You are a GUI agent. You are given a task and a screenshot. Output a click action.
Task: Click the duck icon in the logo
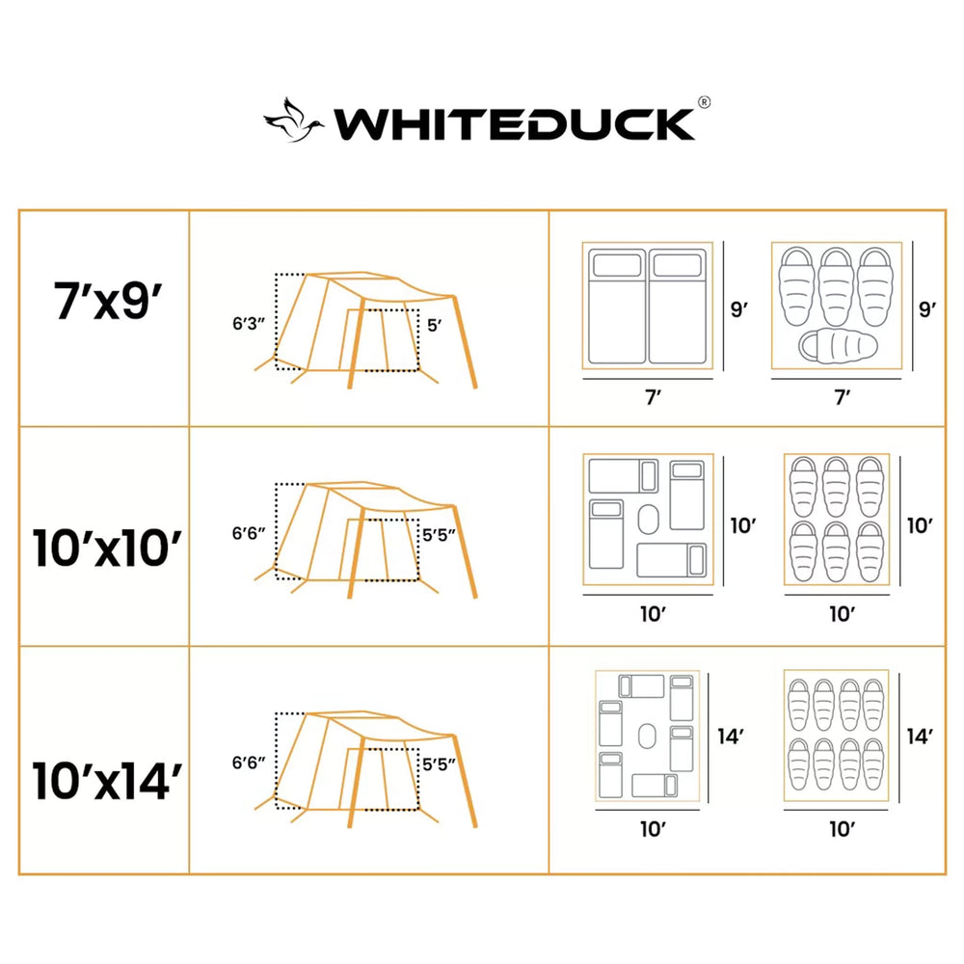coord(294,121)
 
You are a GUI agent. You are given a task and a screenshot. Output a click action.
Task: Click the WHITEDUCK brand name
coord(515,124)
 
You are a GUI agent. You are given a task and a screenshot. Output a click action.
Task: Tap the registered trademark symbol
coord(705,103)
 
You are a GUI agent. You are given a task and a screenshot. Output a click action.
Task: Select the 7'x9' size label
coord(108,300)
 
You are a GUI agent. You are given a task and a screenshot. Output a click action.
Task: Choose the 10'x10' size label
coord(107,548)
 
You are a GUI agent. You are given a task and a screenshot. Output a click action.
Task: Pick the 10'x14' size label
coord(107,781)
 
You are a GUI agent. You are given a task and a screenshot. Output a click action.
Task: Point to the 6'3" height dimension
coord(249,323)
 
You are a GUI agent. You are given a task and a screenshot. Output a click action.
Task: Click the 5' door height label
coord(434,325)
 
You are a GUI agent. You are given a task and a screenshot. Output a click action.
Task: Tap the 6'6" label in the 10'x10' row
coord(249,533)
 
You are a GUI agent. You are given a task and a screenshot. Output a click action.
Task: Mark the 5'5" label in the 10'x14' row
coord(439,764)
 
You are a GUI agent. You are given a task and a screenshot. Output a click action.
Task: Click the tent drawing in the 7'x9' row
coord(365,330)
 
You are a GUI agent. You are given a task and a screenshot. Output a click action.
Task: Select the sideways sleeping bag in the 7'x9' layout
coord(839,347)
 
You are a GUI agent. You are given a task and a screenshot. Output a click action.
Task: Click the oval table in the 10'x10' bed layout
coord(648,520)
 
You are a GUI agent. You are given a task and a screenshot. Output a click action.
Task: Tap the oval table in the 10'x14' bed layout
coord(647,736)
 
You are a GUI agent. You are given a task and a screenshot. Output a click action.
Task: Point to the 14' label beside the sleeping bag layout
coord(920,736)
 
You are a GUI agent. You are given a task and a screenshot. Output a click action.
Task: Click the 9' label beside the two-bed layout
coord(738,309)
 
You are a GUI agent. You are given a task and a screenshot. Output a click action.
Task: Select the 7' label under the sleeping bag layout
coord(843,397)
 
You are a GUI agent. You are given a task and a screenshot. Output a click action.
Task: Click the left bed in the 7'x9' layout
coord(617,307)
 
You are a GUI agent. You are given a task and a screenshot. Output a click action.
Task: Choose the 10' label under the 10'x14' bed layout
coord(653,829)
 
